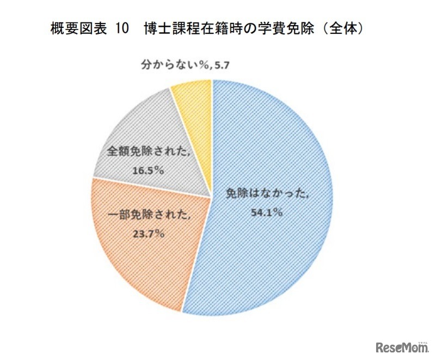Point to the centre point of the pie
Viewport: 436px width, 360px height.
point(212,197)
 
